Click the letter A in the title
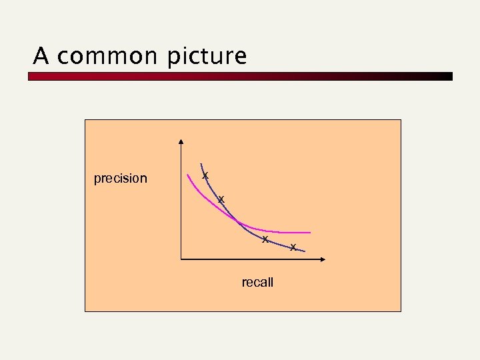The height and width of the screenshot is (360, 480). coord(41,57)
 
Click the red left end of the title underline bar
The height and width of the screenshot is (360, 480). coord(33,77)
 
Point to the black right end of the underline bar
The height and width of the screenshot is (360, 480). coord(448,77)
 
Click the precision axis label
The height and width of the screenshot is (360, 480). coord(121,179)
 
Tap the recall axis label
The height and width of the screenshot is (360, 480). coord(257,283)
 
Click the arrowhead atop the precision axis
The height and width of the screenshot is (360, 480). coord(181,142)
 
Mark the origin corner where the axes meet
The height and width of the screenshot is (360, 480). coord(181,259)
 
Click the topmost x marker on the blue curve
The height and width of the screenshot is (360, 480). coord(205,175)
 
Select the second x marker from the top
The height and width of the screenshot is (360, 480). coord(221,200)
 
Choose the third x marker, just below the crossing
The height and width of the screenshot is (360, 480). coord(265,239)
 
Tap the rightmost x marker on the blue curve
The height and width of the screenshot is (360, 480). coord(293,248)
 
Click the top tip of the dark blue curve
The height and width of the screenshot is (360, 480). coord(201,164)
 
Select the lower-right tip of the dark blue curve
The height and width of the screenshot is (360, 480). coord(304,251)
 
